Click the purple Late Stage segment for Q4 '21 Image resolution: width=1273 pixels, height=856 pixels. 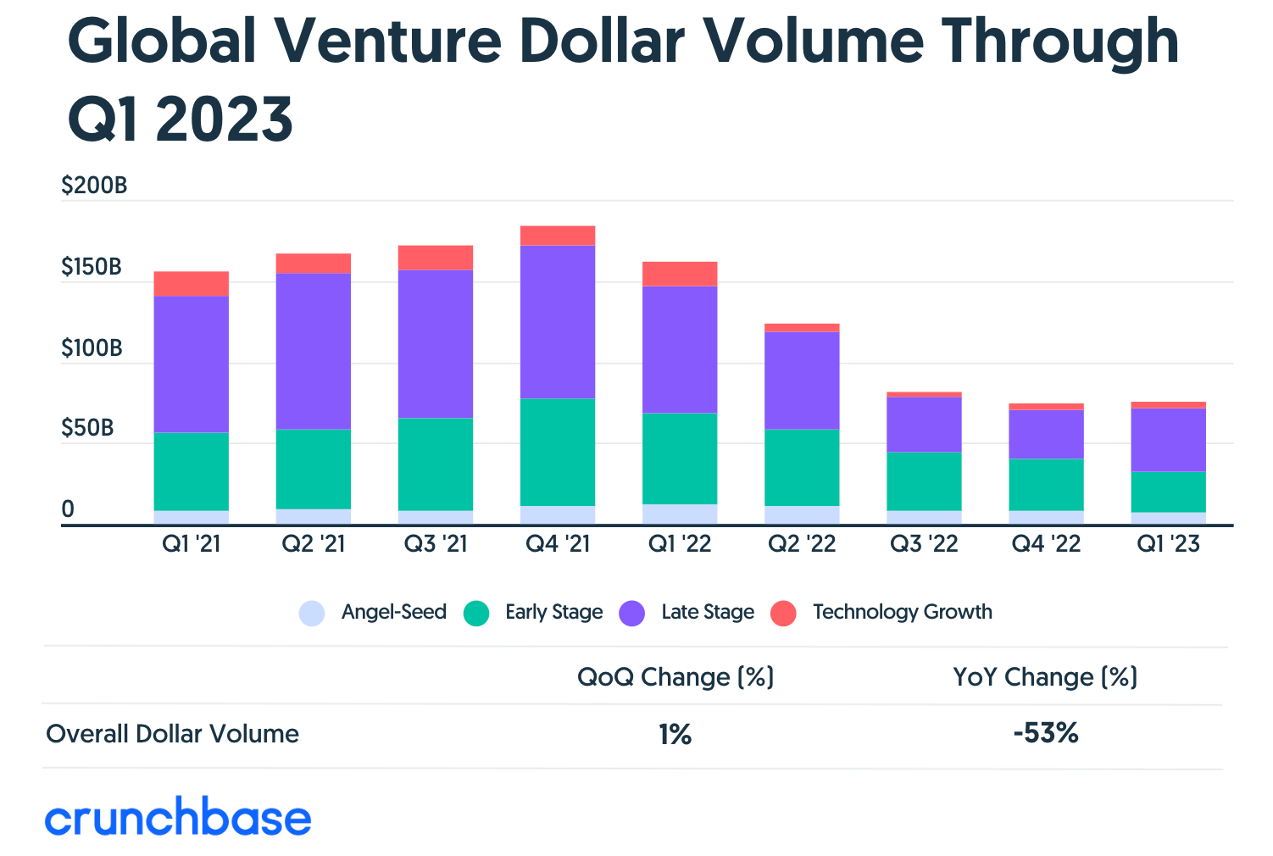point(558,322)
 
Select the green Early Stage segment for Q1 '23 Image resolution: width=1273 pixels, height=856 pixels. point(1168,492)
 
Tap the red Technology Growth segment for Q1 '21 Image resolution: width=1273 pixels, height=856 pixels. point(192,284)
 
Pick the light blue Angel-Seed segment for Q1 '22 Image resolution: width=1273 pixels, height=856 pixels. point(680,514)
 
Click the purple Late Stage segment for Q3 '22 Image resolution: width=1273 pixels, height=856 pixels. point(924,424)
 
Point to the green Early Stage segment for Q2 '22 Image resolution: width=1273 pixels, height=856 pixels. point(802,468)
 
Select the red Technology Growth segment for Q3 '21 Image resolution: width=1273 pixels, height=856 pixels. point(436,258)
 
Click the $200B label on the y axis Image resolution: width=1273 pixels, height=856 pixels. point(94,186)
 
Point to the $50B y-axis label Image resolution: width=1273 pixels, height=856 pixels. point(87,428)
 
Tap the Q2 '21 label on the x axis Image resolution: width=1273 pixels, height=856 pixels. point(314,544)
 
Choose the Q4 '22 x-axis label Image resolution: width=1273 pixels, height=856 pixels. point(1046,544)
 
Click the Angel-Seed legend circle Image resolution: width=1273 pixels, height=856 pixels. point(312,613)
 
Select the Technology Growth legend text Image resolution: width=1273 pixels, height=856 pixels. point(902,612)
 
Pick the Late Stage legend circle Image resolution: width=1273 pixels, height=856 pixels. point(632,613)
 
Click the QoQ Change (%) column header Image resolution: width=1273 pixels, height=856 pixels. point(675,677)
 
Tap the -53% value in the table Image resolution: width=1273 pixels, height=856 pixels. point(1045,733)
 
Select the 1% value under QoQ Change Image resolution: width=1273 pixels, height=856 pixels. point(675,734)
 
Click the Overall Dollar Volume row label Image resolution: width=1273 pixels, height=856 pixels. point(172,734)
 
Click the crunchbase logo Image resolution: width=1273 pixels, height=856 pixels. point(178,817)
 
